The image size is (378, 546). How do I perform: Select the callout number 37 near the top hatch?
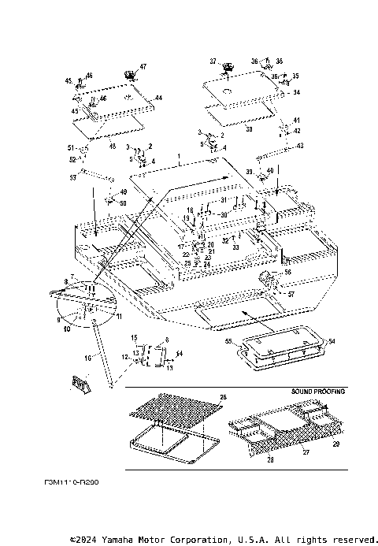(213, 61)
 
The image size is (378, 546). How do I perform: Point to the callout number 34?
(297, 92)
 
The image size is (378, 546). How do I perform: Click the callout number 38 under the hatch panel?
(227, 128)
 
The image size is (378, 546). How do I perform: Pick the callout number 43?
(300, 147)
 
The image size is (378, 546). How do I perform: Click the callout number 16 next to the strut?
(87, 357)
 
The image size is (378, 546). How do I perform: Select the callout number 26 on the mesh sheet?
(223, 396)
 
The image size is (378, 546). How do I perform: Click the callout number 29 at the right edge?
(336, 445)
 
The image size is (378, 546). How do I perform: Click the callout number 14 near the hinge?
(180, 354)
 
